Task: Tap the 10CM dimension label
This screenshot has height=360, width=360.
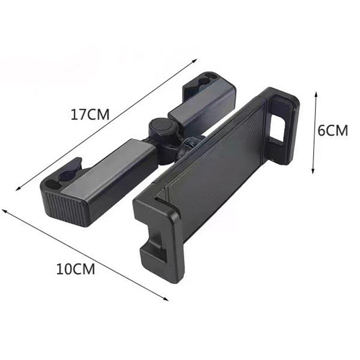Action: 76,269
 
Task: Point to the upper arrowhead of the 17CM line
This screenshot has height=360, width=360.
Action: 196,59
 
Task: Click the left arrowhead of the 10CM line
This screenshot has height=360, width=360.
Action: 4,211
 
